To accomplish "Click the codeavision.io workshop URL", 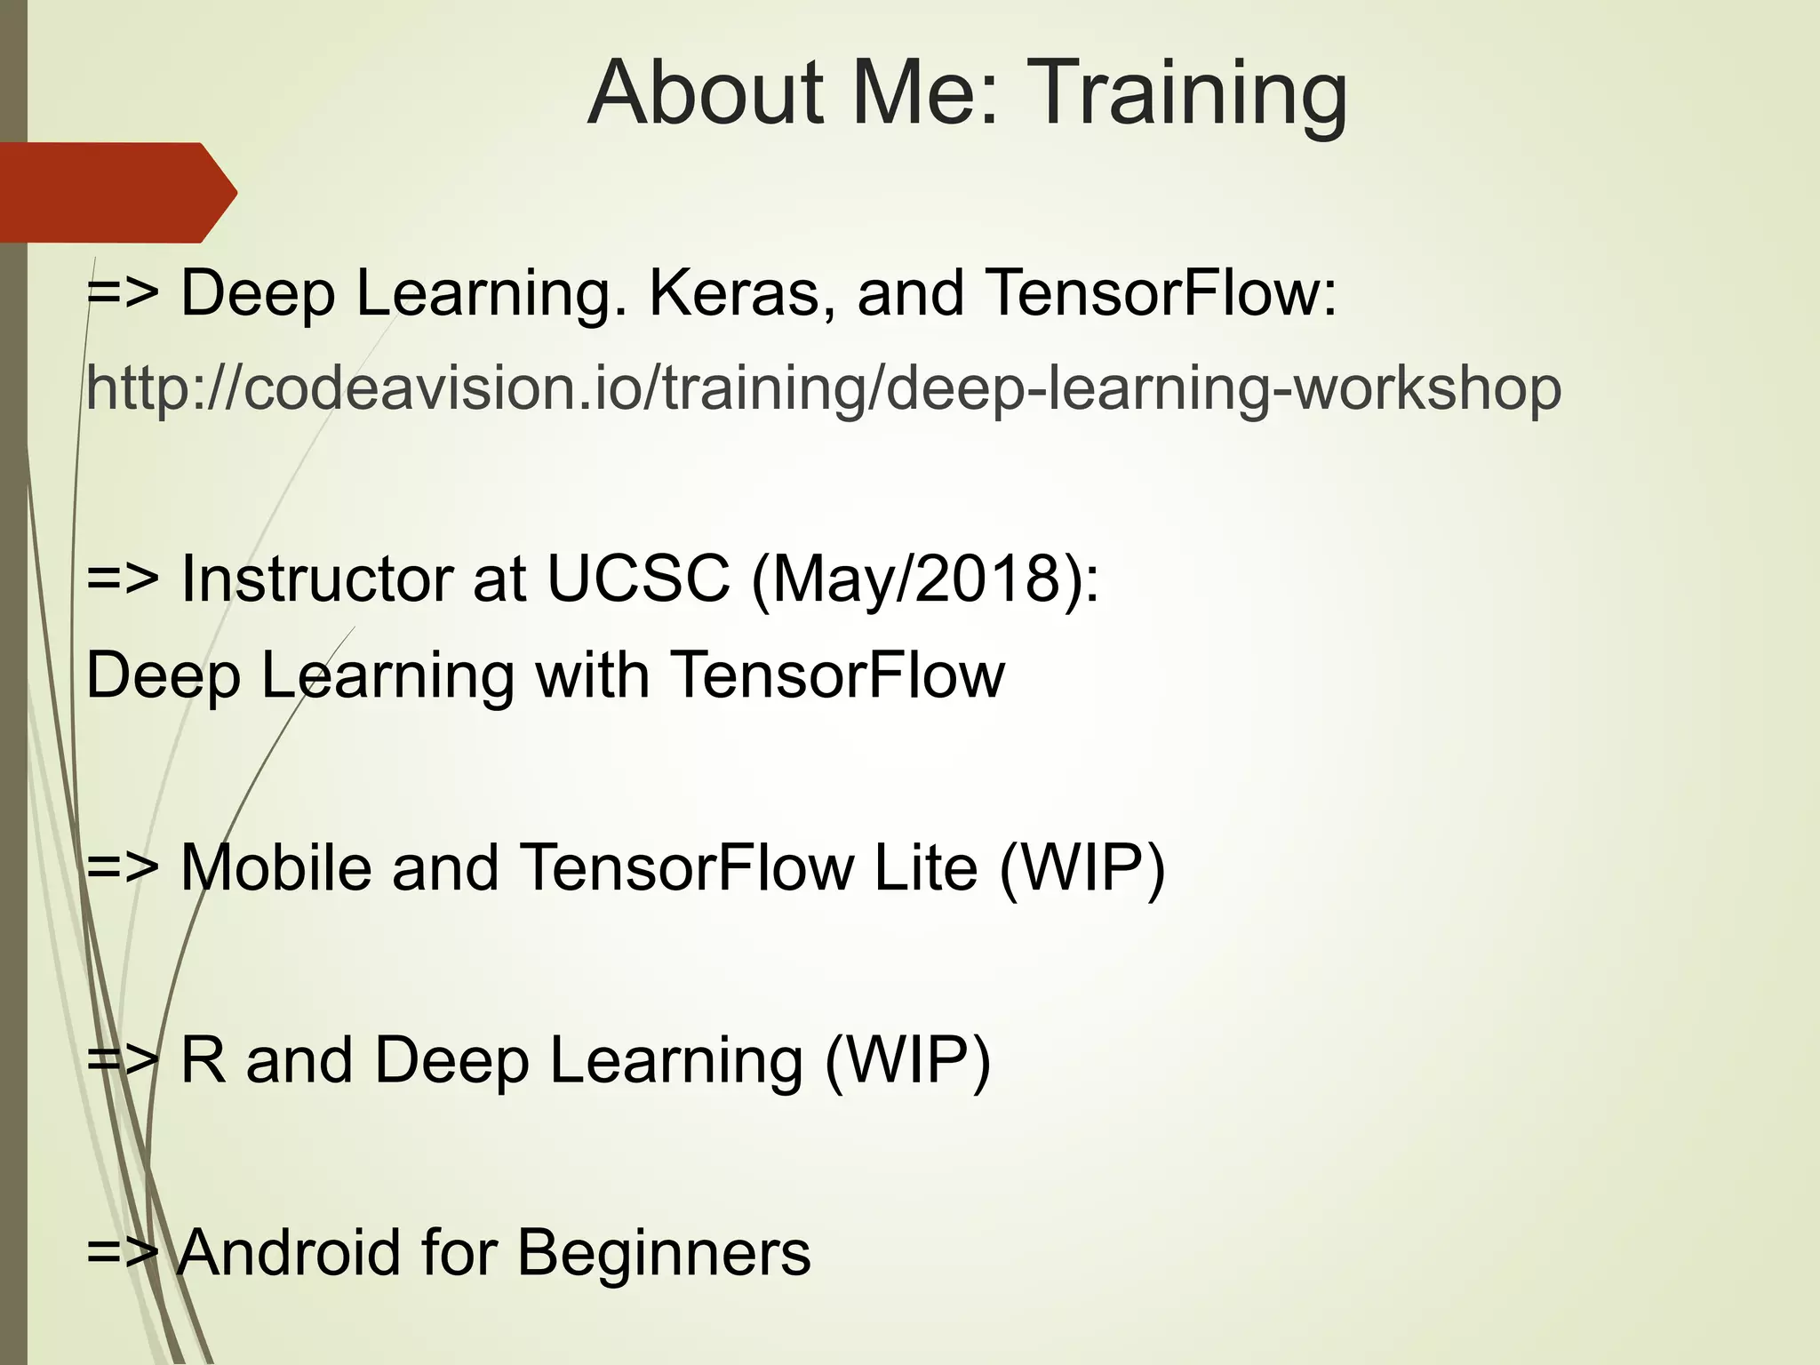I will (823, 389).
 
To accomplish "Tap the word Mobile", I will (275, 867).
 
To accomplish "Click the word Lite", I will (925, 867).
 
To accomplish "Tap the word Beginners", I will (663, 1252).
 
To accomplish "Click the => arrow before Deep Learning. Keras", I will (123, 293).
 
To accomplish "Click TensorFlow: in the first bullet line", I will (1161, 293).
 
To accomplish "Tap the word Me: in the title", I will (924, 92).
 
